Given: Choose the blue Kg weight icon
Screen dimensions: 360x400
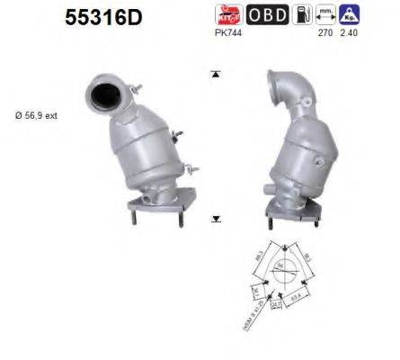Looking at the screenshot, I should (351, 14).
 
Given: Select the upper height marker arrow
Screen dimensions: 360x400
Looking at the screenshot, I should (216, 75).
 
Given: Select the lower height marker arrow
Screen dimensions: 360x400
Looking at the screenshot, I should (216, 219).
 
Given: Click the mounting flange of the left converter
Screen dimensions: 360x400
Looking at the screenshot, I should (155, 203).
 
